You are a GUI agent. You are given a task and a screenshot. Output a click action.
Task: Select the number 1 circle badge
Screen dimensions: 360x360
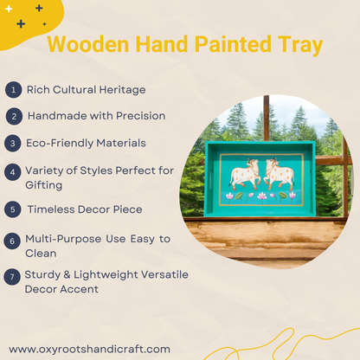click(x=12, y=89)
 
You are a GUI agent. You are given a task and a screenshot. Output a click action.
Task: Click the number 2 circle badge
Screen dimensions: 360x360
click(x=12, y=115)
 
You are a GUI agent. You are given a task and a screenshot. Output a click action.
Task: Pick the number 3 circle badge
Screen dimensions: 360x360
click(x=12, y=142)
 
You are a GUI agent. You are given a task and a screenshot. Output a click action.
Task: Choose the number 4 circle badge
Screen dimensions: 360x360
click(x=12, y=171)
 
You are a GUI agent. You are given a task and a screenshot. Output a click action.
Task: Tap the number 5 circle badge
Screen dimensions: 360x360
click(x=12, y=209)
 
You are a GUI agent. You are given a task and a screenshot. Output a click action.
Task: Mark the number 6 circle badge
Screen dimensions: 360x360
click(x=12, y=239)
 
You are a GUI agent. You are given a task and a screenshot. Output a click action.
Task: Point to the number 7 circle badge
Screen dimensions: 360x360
click(x=12, y=277)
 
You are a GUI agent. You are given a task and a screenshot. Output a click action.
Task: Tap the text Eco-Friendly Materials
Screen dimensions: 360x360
click(x=87, y=142)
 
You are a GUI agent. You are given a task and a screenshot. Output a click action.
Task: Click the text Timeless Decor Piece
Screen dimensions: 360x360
click(x=85, y=209)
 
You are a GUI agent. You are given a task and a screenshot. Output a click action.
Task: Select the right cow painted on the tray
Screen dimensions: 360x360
click(x=279, y=176)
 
